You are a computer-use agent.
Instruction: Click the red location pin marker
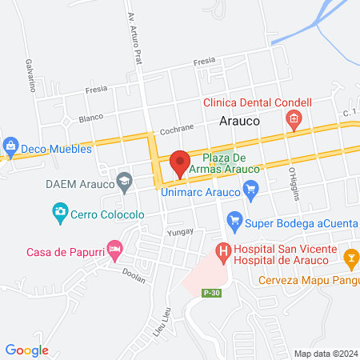(x=180, y=163)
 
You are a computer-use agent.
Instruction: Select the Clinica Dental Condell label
(x=257, y=103)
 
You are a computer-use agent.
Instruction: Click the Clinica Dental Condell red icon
(x=294, y=121)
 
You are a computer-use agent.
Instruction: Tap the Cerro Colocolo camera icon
(x=59, y=213)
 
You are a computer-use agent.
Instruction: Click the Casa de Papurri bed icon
(x=115, y=252)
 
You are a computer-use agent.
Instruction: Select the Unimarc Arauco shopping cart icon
(x=251, y=190)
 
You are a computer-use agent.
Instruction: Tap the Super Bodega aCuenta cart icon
(x=234, y=218)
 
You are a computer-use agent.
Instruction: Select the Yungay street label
(x=153, y=231)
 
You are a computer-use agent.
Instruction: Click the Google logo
(x=27, y=350)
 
